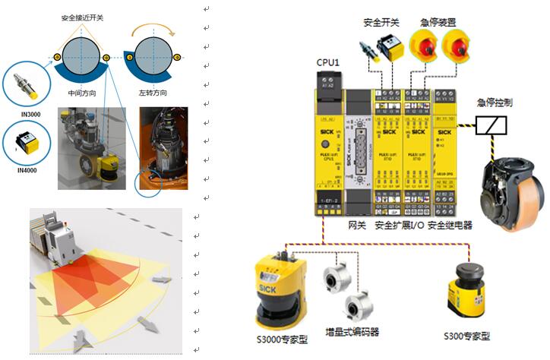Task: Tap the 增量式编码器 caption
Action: [352, 332]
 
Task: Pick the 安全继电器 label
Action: [450, 226]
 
